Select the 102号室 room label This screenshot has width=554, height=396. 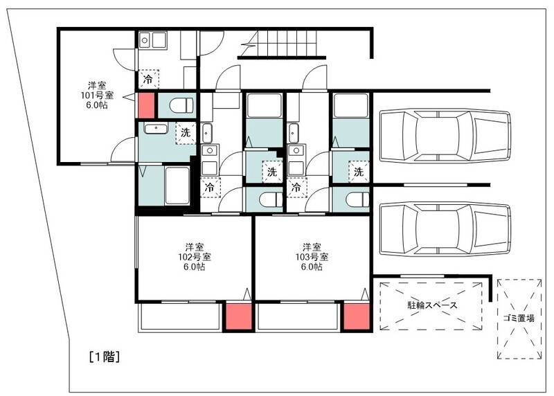click(194, 257)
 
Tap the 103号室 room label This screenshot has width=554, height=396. click(311, 257)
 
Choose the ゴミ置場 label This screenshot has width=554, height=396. click(519, 319)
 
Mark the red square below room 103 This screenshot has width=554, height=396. click(356, 316)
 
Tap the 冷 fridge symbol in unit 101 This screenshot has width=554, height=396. click(148, 79)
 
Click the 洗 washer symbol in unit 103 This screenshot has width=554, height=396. click(358, 170)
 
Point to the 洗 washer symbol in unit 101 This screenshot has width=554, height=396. click(185, 132)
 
